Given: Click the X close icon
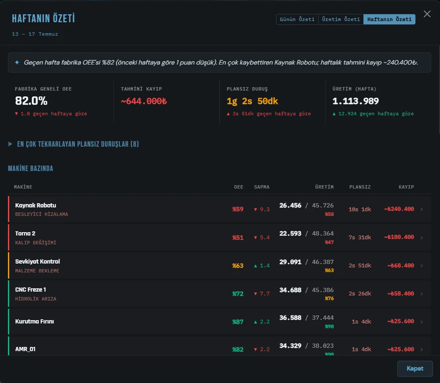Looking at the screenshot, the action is pos(427,14).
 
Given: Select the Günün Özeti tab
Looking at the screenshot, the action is pos(297,19).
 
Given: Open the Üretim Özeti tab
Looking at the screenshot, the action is pos(341,19).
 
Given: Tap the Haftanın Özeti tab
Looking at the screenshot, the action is pos(389,19).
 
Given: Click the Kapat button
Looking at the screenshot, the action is pos(415,368).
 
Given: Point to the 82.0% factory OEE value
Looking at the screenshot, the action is pos(31,101).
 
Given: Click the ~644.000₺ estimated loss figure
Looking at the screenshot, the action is pos(144,101).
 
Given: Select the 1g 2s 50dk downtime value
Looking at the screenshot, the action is pos(252,101).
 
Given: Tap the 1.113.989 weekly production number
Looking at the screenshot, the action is pos(356,101).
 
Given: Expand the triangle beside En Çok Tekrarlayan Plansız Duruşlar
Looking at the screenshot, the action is pos(11,144).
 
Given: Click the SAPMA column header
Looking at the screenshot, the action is pos(261,187).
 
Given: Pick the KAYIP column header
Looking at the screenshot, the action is pos(406,187).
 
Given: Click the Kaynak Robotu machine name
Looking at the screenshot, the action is pos(36,205).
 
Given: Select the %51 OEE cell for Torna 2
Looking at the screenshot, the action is pos(238,238).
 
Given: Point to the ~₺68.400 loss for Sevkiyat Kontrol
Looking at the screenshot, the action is pos(400,265).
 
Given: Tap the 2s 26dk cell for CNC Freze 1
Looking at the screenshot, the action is pos(360,294).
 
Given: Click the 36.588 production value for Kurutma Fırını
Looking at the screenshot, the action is pos(290,317).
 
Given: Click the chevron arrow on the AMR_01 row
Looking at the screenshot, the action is pos(422,349).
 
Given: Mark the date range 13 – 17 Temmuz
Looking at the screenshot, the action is pos(35,34).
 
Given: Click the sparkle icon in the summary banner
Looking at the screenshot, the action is pos(17,63).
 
